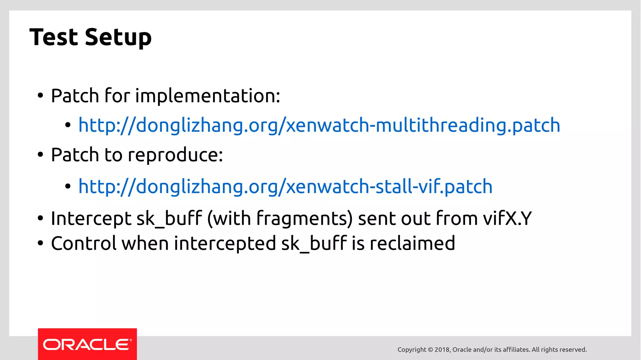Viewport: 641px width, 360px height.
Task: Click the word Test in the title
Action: [x=54, y=37]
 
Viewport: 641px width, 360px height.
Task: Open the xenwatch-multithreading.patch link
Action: [x=319, y=125]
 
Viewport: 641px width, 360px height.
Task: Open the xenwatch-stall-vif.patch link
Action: [x=285, y=186]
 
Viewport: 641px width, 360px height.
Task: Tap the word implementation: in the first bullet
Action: [x=208, y=95]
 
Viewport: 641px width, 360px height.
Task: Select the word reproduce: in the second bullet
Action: [x=175, y=155]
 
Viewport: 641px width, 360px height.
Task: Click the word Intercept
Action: [x=91, y=218]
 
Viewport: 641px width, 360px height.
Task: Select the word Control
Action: [x=84, y=243]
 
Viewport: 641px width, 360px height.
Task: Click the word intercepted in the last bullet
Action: [x=225, y=244]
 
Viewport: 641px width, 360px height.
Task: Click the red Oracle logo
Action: [x=87, y=344]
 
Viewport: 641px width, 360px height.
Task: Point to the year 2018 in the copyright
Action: [x=442, y=350]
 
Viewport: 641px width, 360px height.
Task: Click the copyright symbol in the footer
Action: [x=430, y=350]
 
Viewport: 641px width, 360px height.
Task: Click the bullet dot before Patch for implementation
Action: [x=40, y=96]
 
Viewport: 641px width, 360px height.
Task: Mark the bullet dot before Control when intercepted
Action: [x=40, y=244]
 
